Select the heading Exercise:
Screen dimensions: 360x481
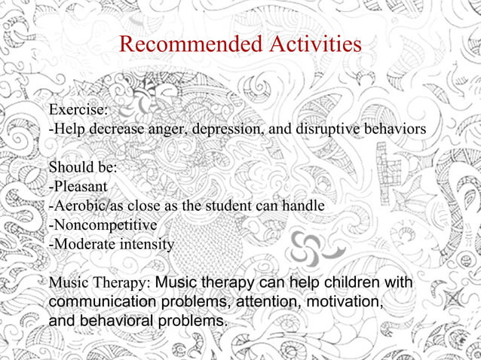[77, 109]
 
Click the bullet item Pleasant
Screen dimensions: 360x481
[80, 186]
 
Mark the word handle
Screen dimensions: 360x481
[304, 206]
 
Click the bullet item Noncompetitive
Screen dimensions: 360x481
[103, 225]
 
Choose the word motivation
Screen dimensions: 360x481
[344, 302]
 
